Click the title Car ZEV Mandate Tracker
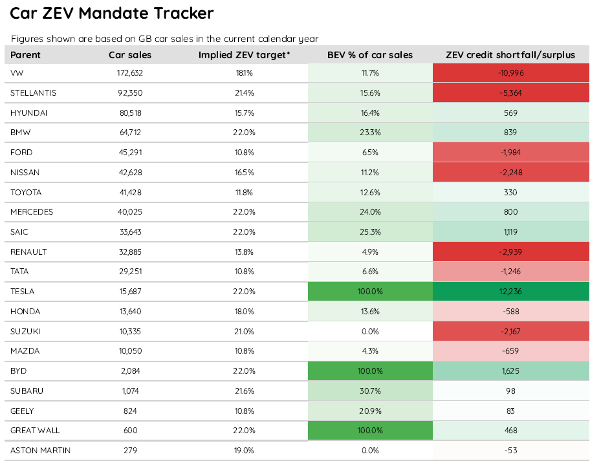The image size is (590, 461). tap(112, 13)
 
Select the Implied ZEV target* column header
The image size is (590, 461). tap(244, 55)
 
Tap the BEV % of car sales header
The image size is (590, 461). tap(370, 55)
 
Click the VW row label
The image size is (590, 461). tap(17, 73)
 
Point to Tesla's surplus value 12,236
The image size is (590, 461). tap(510, 292)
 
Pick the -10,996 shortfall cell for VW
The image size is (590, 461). tap(510, 73)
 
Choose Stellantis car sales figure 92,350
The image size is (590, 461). tap(130, 93)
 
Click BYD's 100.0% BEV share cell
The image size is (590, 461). tap(370, 371)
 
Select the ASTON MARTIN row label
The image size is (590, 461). tap(40, 451)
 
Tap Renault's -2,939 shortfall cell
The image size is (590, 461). tap(510, 252)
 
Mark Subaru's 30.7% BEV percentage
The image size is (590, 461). tap(370, 391)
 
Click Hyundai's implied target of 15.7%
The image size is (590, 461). tap(244, 113)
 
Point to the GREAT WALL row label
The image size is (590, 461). tap(35, 431)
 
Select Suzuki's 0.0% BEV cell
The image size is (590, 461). tap(370, 332)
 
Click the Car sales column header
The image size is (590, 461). tap(130, 55)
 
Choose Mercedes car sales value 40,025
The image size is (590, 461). tap(130, 212)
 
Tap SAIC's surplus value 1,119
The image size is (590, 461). tap(510, 232)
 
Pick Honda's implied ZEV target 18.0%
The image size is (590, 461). tap(244, 312)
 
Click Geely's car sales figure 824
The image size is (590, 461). tap(130, 411)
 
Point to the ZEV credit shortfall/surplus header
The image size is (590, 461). tap(510, 55)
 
